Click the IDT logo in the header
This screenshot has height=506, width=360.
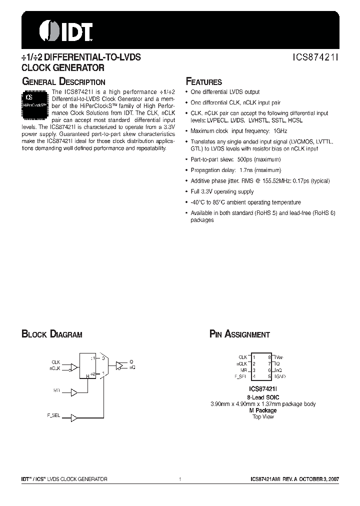(66, 31)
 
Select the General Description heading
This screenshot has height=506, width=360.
(63, 82)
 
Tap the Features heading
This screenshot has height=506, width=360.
(203, 82)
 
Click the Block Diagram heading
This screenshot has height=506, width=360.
(51, 334)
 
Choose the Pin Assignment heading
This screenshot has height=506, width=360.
(239, 334)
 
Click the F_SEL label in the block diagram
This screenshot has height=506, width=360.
(53, 415)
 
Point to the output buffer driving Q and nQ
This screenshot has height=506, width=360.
(119, 365)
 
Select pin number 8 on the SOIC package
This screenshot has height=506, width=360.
(269, 357)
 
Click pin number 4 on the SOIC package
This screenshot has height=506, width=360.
(254, 376)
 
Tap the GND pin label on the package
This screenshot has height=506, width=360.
(280, 376)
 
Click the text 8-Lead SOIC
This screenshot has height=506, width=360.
(263, 397)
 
